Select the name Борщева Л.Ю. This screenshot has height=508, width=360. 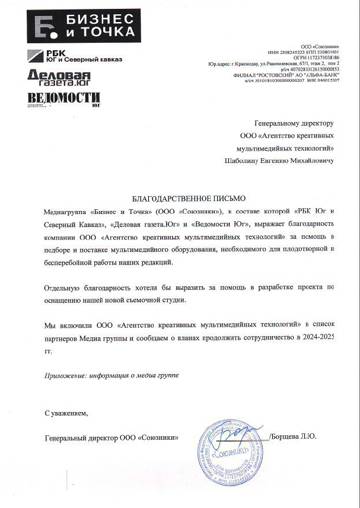[294, 437]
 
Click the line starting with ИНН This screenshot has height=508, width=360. [303, 52]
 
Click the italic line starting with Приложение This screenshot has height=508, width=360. [111, 376]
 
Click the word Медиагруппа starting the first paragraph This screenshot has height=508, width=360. [66, 211]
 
